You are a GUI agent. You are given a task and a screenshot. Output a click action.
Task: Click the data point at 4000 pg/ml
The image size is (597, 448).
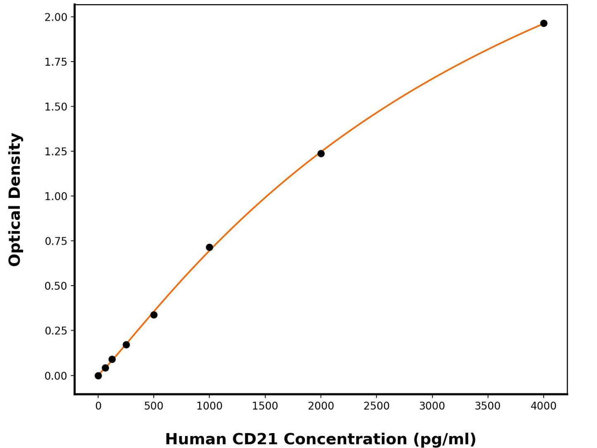544,23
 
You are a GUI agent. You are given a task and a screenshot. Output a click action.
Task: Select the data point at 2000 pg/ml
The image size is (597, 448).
321,154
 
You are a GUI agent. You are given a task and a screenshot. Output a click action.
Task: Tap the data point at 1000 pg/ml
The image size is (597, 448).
209,248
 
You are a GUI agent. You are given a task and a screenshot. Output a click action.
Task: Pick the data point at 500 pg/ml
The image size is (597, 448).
154,315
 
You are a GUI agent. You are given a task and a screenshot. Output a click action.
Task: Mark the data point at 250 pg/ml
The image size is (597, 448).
126,345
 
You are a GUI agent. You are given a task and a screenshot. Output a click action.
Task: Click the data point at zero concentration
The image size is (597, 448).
98,376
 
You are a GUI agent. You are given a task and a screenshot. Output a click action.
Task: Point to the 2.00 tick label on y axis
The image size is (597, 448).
56,17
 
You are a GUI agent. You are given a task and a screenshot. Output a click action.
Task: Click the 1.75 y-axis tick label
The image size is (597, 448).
56,62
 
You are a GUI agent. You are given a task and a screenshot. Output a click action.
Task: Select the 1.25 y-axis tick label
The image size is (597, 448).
56,152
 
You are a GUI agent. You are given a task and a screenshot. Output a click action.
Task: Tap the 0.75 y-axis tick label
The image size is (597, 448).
56,241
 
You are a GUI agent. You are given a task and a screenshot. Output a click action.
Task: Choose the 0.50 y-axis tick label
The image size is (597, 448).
56,286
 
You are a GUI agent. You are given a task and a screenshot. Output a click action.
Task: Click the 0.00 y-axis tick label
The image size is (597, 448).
56,376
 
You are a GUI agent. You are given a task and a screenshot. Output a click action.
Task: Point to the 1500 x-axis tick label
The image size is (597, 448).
265,406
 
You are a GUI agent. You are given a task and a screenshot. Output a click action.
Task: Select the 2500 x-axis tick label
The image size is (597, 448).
376,406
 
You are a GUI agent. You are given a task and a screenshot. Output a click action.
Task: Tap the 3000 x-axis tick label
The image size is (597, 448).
432,406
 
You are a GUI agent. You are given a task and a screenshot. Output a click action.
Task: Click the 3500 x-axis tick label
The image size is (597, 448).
488,406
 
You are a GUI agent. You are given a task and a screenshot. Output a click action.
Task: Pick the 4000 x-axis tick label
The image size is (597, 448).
544,406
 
